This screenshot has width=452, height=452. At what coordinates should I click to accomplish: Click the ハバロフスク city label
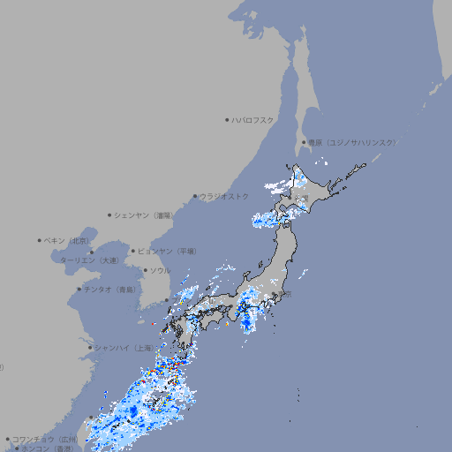(253, 119)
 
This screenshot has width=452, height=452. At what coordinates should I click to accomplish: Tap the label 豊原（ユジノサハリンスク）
(351, 142)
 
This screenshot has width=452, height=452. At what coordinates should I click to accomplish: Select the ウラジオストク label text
(224, 196)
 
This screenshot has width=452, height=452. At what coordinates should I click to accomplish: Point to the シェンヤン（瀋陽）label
(145, 215)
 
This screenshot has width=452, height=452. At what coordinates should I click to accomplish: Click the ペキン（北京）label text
(68, 240)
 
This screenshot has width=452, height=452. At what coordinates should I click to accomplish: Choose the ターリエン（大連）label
(89, 260)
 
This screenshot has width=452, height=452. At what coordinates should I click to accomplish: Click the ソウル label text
(160, 270)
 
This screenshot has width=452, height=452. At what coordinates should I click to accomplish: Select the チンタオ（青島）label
(110, 289)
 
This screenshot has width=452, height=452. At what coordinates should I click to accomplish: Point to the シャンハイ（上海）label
(123, 347)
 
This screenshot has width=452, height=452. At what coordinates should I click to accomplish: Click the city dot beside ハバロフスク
(227, 119)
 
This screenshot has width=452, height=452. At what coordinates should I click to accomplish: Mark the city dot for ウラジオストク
(195, 196)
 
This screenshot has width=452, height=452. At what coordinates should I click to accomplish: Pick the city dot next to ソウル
(145, 270)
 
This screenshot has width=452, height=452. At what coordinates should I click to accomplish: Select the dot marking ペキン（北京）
(40, 240)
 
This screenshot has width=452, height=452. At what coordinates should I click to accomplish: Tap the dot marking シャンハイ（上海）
(90, 347)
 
